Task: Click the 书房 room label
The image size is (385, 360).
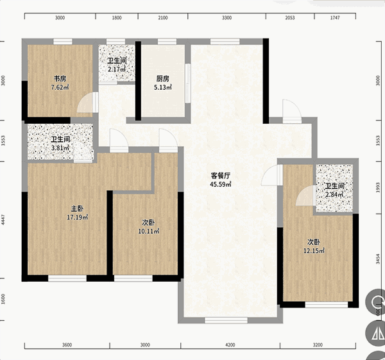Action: point(60,79)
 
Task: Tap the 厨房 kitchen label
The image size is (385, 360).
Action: point(163,79)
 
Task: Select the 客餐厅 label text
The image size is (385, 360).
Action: point(221,176)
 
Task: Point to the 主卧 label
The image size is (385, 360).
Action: point(78,209)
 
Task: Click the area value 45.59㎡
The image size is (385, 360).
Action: point(221,184)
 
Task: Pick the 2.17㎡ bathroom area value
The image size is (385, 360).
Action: point(117,69)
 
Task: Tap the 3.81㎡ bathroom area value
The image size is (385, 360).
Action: point(60,148)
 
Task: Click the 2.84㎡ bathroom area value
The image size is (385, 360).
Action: point(334,194)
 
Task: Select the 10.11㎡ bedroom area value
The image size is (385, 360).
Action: point(149,231)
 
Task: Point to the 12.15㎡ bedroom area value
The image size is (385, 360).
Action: point(314,251)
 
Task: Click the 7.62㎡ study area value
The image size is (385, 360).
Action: point(60,87)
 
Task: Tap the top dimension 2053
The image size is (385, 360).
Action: point(290,18)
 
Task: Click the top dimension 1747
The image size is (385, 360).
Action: point(335,18)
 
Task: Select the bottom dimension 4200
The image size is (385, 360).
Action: point(230,345)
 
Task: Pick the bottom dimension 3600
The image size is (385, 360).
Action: point(67,345)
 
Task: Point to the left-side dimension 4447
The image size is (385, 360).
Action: point(3,219)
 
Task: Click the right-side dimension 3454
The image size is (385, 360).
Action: point(378,259)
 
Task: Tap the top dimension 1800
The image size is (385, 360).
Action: point(117,18)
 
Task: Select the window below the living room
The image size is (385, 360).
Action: point(226,320)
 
